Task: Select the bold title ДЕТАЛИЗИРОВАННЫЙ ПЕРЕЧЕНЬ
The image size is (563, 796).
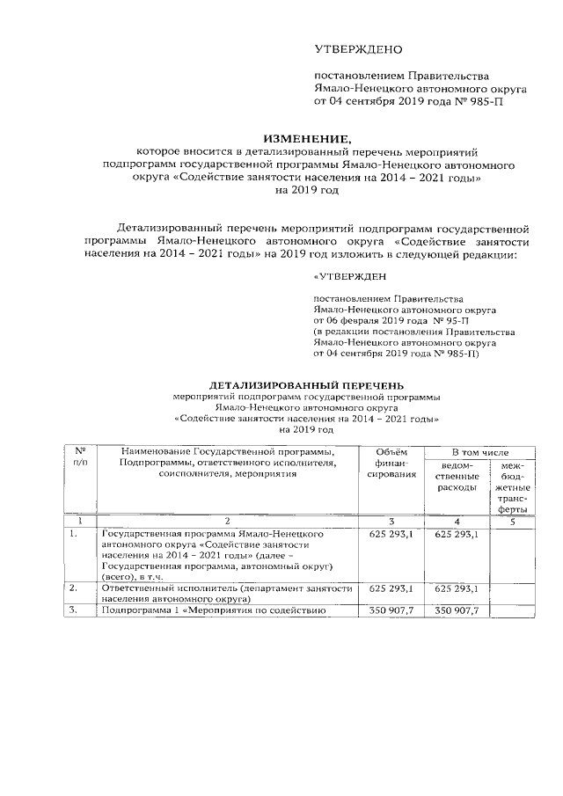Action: point(305,384)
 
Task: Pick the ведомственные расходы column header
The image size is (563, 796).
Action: point(456,476)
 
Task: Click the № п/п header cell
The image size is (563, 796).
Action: point(80,456)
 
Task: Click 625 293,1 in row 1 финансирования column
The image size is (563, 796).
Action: point(391,534)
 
